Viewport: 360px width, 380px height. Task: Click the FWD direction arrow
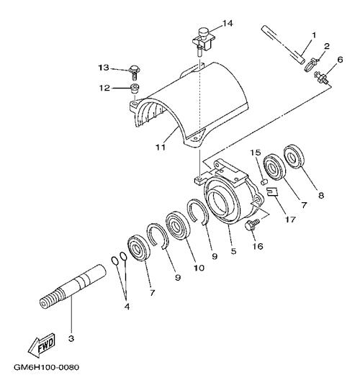pyautogui.click(x=41, y=345)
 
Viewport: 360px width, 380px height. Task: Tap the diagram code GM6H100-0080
pyautogui.click(x=46, y=367)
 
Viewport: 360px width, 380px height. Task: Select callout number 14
pyautogui.click(x=228, y=24)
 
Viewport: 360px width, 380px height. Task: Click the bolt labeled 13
pyautogui.click(x=134, y=72)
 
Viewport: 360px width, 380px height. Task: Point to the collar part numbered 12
pyautogui.click(x=135, y=89)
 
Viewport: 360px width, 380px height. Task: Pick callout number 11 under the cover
pyautogui.click(x=161, y=147)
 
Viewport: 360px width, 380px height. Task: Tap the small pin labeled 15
pyautogui.click(x=265, y=181)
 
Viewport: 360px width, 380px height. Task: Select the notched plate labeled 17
pyautogui.click(x=272, y=191)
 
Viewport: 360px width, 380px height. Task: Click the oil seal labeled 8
pyautogui.click(x=294, y=156)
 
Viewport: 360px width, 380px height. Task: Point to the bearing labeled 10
pyautogui.click(x=178, y=226)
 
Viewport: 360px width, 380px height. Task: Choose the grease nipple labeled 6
pyautogui.click(x=321, y=77)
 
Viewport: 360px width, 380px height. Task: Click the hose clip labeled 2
pyautogui.click(x=311, y=64)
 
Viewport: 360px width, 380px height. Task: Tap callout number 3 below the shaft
pyautogui.click(x=71, y=338)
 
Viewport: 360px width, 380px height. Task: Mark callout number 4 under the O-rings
pyautogui.click(x=127, y=307)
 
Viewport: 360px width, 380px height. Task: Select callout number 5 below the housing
pyautogui.click(x=233, y=251)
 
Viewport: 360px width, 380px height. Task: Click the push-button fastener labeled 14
pyautogui.click(x=204, y=41)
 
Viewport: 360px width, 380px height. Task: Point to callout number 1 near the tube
pyautogui.click(x=314, y=36)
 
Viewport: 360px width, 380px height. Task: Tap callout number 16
pyautogui.click(x=258, y=246)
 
